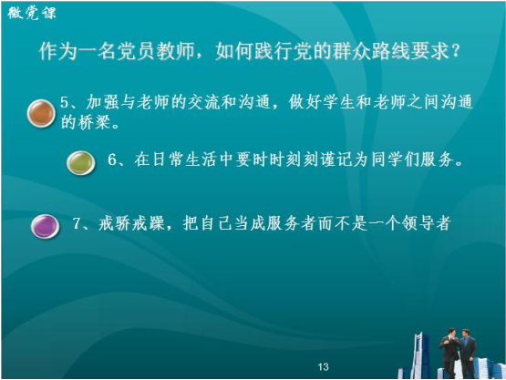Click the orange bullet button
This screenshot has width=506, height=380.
(41, 113)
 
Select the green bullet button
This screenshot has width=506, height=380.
(81, 163)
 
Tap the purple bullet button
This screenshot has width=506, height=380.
(46, 227)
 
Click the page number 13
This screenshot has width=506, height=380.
(323, 366)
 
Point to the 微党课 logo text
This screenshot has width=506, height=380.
(32, 14)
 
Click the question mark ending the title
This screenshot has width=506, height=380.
(455, 51)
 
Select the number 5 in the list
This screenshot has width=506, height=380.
(64, 102)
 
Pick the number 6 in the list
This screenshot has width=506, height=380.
(112, 159)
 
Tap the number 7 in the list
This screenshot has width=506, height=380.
(77, 223)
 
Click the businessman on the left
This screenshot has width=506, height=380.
(449, 353)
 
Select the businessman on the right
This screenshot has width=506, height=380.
(468, 354)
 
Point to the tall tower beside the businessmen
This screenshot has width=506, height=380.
(419, 354)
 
